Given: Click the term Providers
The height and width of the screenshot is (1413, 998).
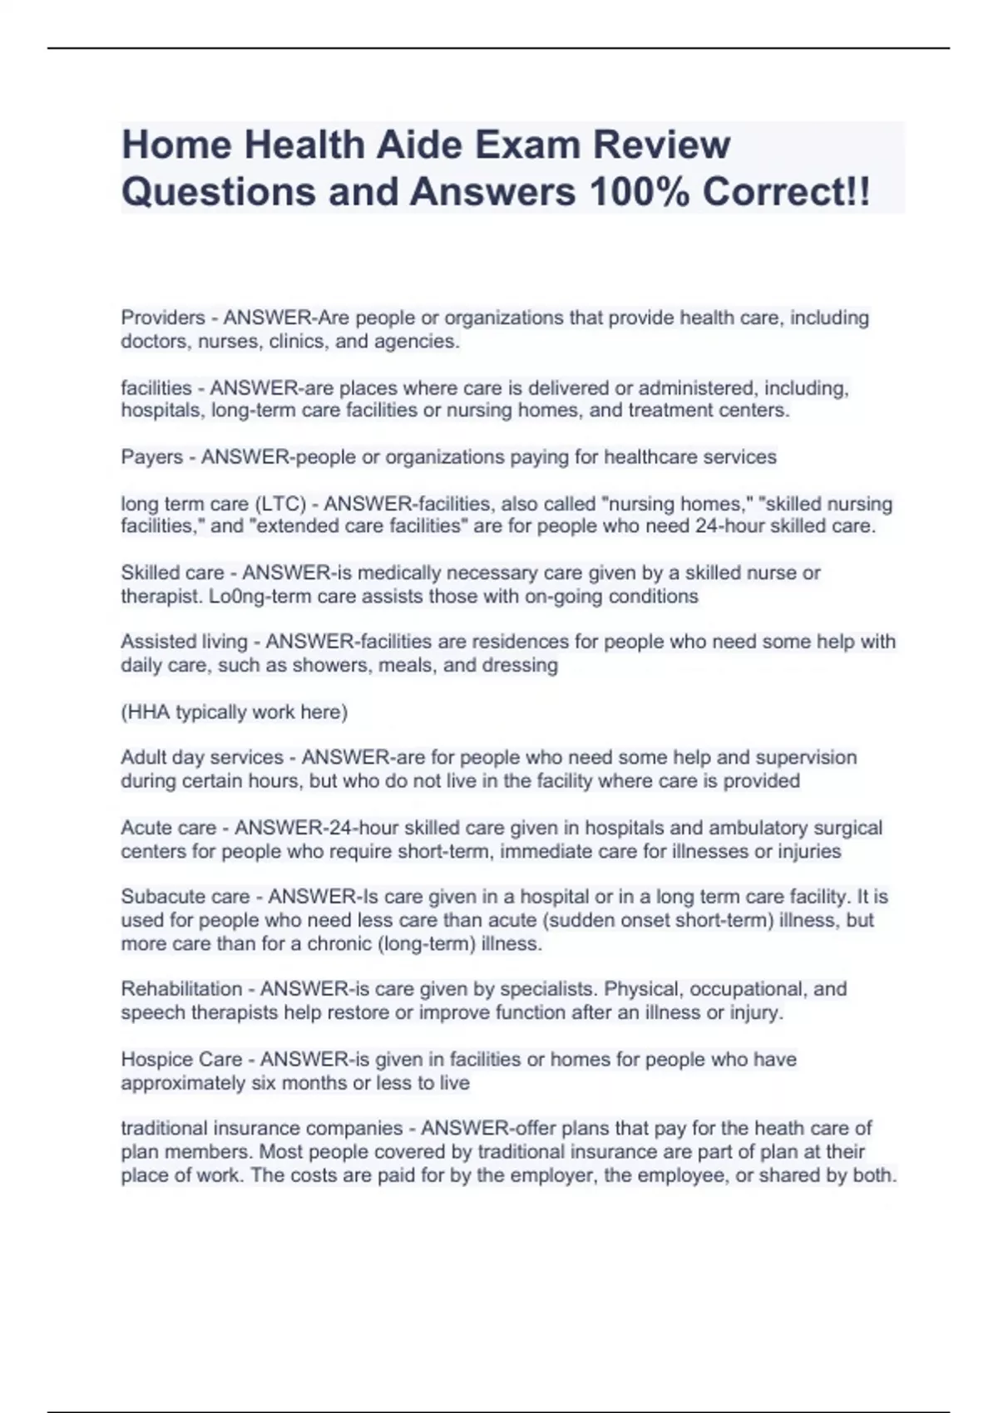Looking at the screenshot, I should coord(163,318).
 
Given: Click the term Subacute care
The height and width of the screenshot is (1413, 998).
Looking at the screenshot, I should coord(185,897).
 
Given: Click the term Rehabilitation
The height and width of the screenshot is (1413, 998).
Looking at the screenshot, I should coord(181,989).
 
